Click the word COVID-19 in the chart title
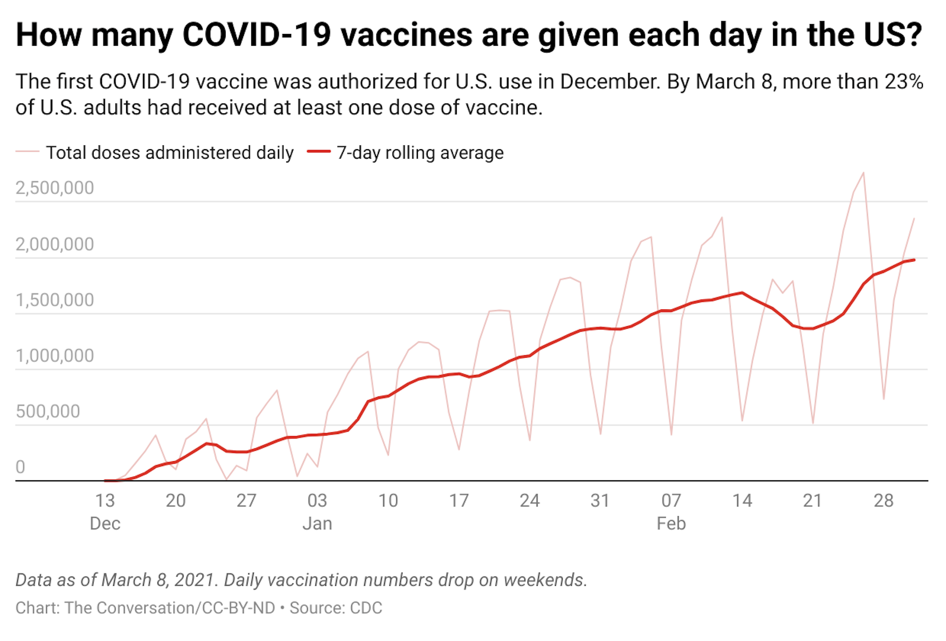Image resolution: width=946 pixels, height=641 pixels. click(256, 35)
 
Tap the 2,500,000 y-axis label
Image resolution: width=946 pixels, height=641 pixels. click(55, 188)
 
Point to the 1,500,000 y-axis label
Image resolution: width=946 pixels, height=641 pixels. click(55, 300)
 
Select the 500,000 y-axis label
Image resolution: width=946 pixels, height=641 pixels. click(48, 411)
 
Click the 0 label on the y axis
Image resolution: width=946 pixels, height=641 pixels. click(20, 467)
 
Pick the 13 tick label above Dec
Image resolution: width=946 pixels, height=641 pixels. click(105, 501)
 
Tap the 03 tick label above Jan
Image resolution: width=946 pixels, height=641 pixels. click(317, 501)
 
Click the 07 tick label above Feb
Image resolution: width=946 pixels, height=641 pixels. click(671, 501)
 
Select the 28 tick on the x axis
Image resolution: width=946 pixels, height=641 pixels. click(883, 501)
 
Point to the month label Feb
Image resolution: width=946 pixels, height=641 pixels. click(671, 523)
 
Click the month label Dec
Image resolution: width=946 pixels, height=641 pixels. click(105, 523)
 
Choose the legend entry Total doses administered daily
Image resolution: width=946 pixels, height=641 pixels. click(169, 153)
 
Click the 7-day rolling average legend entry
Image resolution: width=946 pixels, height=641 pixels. click(420, 153)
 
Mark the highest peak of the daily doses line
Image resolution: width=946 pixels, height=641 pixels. click(863, 173)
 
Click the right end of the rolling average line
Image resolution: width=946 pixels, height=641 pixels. click(914, 260)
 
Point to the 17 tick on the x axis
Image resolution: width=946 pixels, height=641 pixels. click(459, 501)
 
